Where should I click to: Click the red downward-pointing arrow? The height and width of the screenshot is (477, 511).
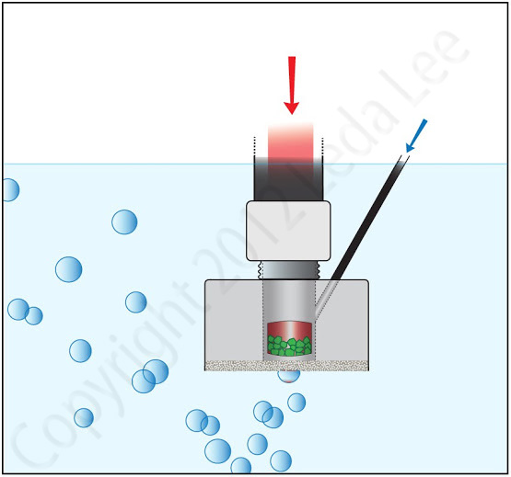[x=292, y=85]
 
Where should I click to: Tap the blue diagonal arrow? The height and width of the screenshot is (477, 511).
[x=416, y=136]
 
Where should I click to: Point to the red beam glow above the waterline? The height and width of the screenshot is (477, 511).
[x=290, y=143]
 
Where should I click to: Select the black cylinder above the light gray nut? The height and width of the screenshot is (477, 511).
[x=288, y=178]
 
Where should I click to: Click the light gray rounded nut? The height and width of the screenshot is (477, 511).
[x=288, y=231]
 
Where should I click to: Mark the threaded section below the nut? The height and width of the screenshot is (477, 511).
[x=288, y=270]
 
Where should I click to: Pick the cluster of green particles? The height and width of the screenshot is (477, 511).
[x=289, y=346]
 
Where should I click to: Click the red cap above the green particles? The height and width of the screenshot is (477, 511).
[x=289, y=330]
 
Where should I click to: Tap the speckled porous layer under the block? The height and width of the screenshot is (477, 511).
[x=286, y=366]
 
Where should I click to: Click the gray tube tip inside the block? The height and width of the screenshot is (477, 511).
[x=325, y=299]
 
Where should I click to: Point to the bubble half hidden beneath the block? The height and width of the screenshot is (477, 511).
[x=289, y=377]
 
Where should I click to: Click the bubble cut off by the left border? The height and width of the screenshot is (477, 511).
[x=11, y=190]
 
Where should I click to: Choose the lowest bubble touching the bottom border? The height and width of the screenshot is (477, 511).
[x=241, y=466]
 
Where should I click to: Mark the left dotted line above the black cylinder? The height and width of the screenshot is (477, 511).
[x=254, y=146]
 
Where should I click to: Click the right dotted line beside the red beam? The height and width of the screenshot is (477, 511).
[x=322, y=146]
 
